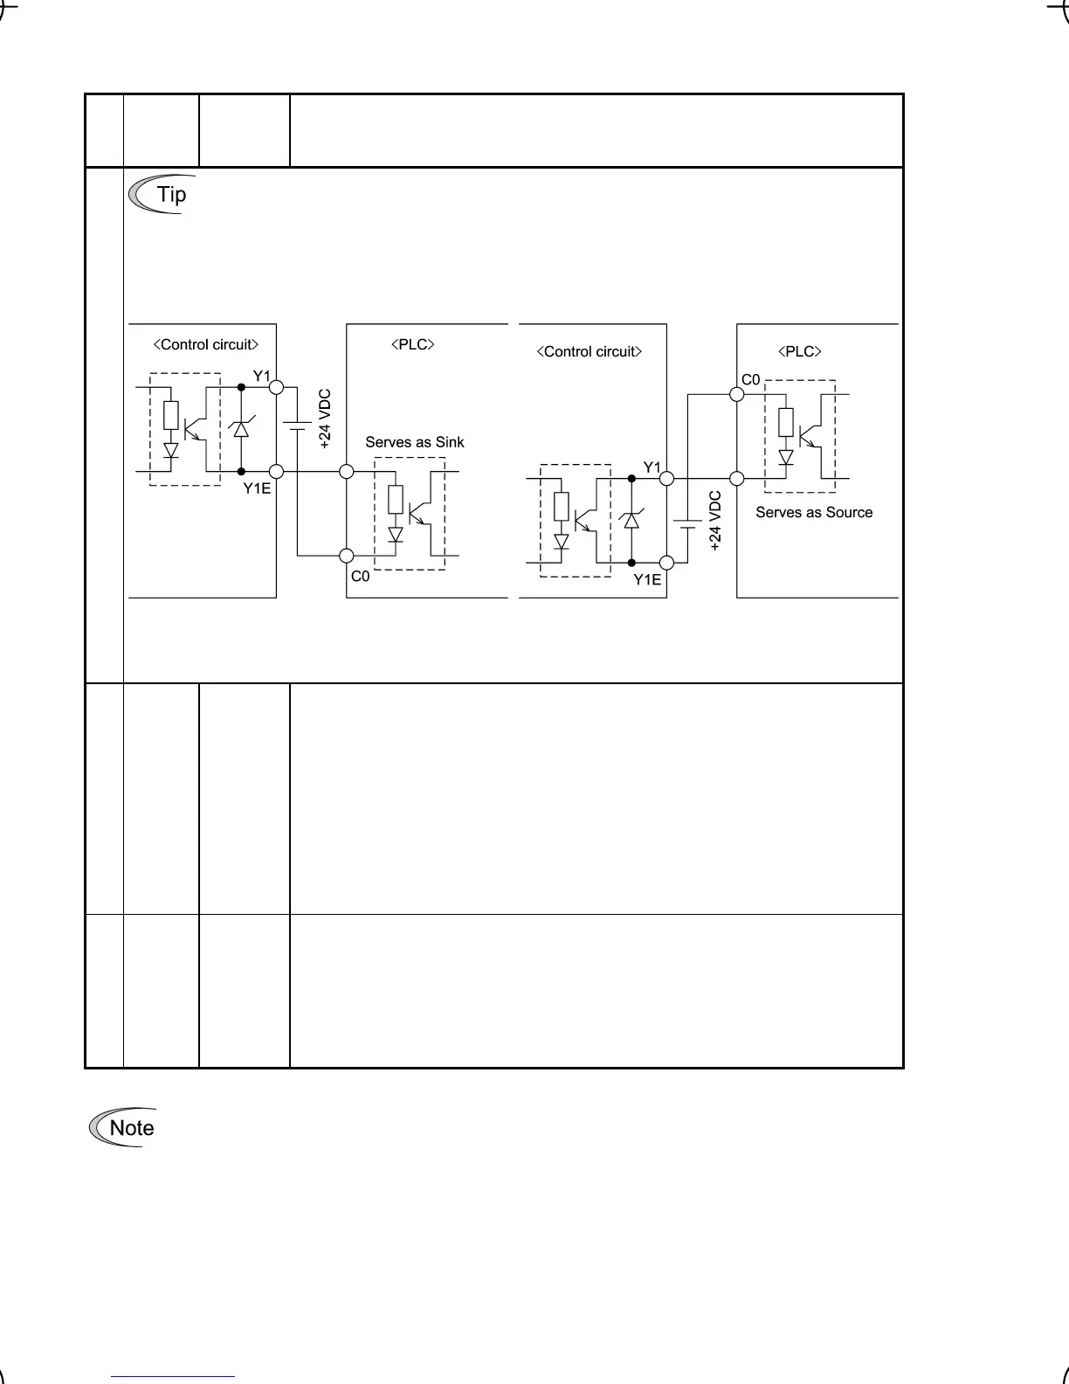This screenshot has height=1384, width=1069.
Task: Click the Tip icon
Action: point(158,194)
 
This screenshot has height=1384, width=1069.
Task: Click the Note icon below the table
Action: point(122,1128)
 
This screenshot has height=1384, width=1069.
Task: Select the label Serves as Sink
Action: point(415,442)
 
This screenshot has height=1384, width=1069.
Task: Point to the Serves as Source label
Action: point(814,512)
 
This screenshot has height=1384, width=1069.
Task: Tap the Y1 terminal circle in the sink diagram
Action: point(277,385)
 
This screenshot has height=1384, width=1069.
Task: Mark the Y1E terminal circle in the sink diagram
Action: point(277,472)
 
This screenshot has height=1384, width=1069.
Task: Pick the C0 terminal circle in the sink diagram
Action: point(347,555)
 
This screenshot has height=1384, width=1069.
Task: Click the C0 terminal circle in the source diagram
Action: point(737,394)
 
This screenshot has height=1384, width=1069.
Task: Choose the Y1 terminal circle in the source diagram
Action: point(667,479)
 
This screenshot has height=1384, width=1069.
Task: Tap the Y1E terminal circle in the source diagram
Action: point(667,563)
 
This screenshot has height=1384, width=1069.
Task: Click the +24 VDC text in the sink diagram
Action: point(325,419)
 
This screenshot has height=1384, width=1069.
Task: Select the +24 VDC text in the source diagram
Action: point(716,521)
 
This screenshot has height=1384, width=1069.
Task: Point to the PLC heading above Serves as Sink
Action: point(412,344)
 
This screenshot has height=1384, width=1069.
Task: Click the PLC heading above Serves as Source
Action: point(800,351)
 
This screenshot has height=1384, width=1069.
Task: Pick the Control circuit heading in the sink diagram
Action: point(206,344)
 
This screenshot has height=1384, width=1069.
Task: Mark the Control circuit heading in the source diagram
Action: point(590,351)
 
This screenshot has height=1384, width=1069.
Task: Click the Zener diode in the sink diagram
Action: point(241,428)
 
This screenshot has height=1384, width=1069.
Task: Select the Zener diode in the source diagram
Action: point(631,520)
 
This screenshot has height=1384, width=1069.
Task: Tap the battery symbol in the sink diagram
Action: point(298,426)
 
